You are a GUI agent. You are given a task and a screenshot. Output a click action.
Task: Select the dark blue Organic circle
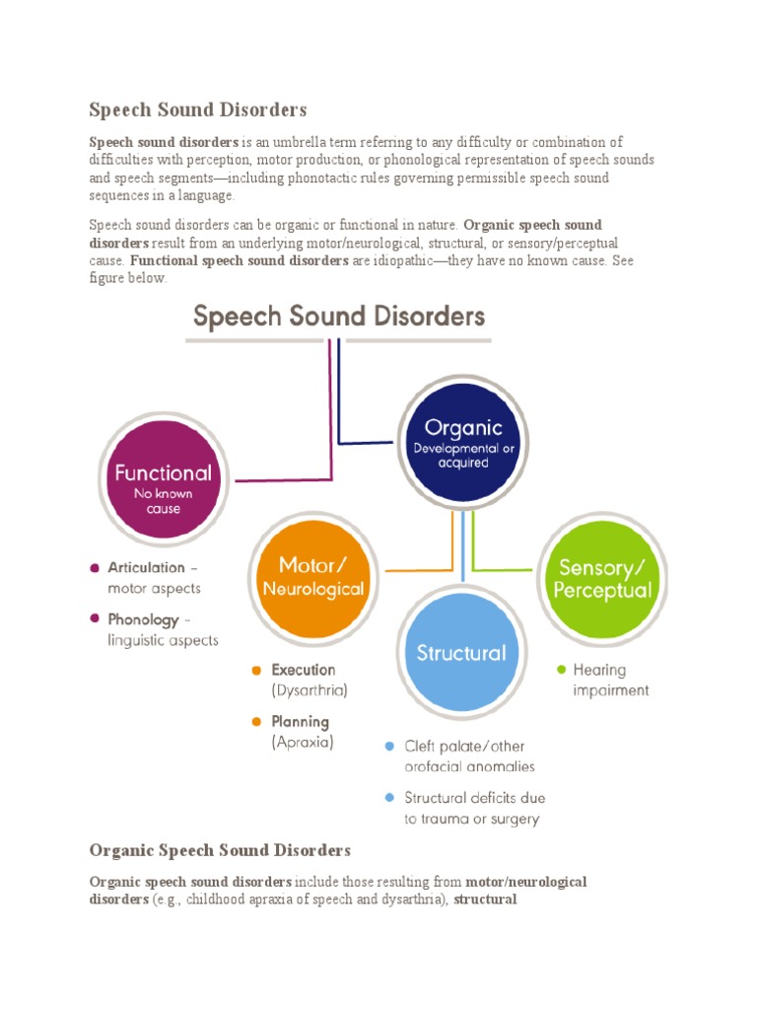pos(463,442)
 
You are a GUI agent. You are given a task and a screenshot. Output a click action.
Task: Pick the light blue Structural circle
pos(461,653)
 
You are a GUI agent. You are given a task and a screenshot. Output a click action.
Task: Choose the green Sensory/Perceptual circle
pos(604,578)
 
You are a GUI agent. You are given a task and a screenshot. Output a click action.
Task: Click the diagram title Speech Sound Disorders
pos(339,317)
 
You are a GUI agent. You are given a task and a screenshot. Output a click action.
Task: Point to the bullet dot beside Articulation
pos(95,568)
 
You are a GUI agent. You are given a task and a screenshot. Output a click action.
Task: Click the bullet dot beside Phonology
pos(95,619)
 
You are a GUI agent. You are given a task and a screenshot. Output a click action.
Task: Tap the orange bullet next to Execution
pos(256,671)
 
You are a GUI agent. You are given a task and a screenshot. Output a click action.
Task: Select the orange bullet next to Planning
pos(256,723)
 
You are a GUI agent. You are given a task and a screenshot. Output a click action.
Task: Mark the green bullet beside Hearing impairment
pos(562,670)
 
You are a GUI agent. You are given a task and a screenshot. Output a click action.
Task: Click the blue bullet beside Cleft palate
pos(390,746)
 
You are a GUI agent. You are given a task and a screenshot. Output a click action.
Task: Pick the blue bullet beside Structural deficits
pos(390,797)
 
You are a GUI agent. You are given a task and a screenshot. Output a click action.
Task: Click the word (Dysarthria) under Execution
pos(310,690)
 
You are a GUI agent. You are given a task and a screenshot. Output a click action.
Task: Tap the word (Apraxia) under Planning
pos(303,743)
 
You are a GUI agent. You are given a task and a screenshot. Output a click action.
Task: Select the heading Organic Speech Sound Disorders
pos(220,849)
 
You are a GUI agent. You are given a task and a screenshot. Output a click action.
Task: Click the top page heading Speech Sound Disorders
pos(198,108)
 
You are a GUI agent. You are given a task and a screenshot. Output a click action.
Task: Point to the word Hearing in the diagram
pos(599,670)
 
